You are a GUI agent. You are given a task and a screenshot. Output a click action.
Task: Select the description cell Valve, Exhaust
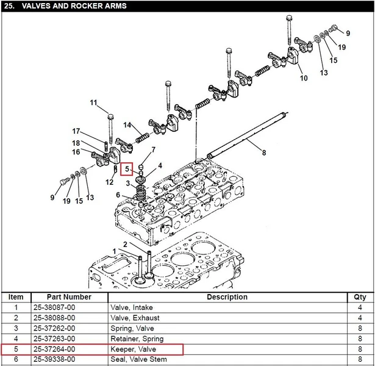135,318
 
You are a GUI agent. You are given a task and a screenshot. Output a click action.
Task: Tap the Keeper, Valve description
133,350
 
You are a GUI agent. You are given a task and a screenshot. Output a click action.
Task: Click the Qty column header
360,297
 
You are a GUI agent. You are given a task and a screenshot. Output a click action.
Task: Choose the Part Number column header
69,297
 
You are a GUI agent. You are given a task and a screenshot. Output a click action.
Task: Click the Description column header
227,297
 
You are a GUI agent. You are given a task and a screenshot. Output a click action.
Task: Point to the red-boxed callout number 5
127,169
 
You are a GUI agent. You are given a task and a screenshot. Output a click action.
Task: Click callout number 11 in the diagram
93,102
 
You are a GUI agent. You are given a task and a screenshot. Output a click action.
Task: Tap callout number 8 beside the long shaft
264,152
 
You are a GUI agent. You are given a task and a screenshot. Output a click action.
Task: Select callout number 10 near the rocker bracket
304,78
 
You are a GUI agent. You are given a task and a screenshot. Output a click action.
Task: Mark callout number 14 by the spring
127,125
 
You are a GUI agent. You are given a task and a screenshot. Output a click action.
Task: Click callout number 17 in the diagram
76,131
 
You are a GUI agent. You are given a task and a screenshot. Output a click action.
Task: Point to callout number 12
109,182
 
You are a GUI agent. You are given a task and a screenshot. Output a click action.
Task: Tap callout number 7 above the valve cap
154,149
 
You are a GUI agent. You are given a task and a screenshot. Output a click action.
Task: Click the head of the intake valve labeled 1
138,280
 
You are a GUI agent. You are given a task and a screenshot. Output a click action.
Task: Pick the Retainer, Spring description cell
137,339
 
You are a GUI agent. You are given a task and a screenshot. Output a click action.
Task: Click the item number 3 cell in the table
16,328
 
